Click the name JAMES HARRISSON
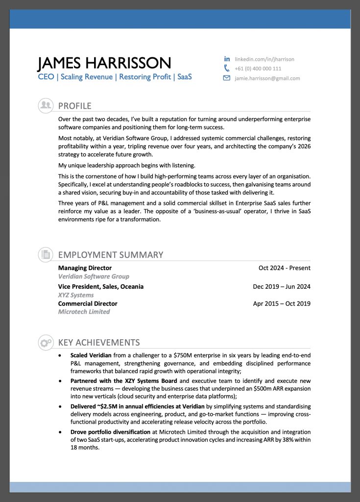(x=104, y=63)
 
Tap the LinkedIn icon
(x=227, y=59)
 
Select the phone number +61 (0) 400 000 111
(x=258, y=69)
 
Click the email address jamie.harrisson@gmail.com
(x=267, y=78)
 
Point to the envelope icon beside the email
(x=227, y=78)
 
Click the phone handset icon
(x=227, y=68)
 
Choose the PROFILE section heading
(x=74, y=106)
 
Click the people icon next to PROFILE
(x=46, y=105)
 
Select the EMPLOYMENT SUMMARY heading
(x=110, y=255)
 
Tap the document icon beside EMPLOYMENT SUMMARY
(x=46, y=254)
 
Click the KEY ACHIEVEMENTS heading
(x=99, y=343)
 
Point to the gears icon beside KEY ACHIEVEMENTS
(x=46, y=342)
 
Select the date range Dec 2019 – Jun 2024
(x=282, y=287)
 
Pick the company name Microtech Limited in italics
(x=84, y=312)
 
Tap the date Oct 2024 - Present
(x=285, y=268)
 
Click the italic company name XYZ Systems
(x=76, y=295)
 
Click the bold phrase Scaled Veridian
(x=91, y=355)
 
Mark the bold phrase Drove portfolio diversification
(x=110, y=432)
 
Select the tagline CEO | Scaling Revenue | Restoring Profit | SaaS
(x=115, y=77)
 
